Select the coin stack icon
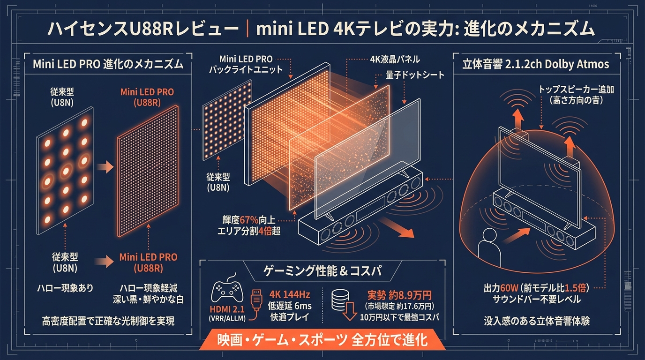click(x=340, y=300)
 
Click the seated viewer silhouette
click(x=489, y=247)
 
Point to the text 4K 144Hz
click(x=290, y=294)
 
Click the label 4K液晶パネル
click(x=395, y=60)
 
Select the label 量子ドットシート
click(x=415, y=75)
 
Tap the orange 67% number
click(x=249, y=220)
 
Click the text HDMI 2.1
click(x=227, y=309)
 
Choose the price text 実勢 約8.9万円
click(x=400, y=295)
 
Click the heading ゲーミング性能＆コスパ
click(x=322, y=271)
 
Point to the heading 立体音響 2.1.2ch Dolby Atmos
click(x=536, y=64)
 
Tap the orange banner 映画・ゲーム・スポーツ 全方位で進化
click(x=322, y=340)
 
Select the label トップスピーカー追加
click(x=576, y=90)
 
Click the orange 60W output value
click(x=510, y=288)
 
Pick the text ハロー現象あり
click(x=65, y=288)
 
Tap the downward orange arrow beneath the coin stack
click(x=350, y=311)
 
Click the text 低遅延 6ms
click(x=290, y=306)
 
